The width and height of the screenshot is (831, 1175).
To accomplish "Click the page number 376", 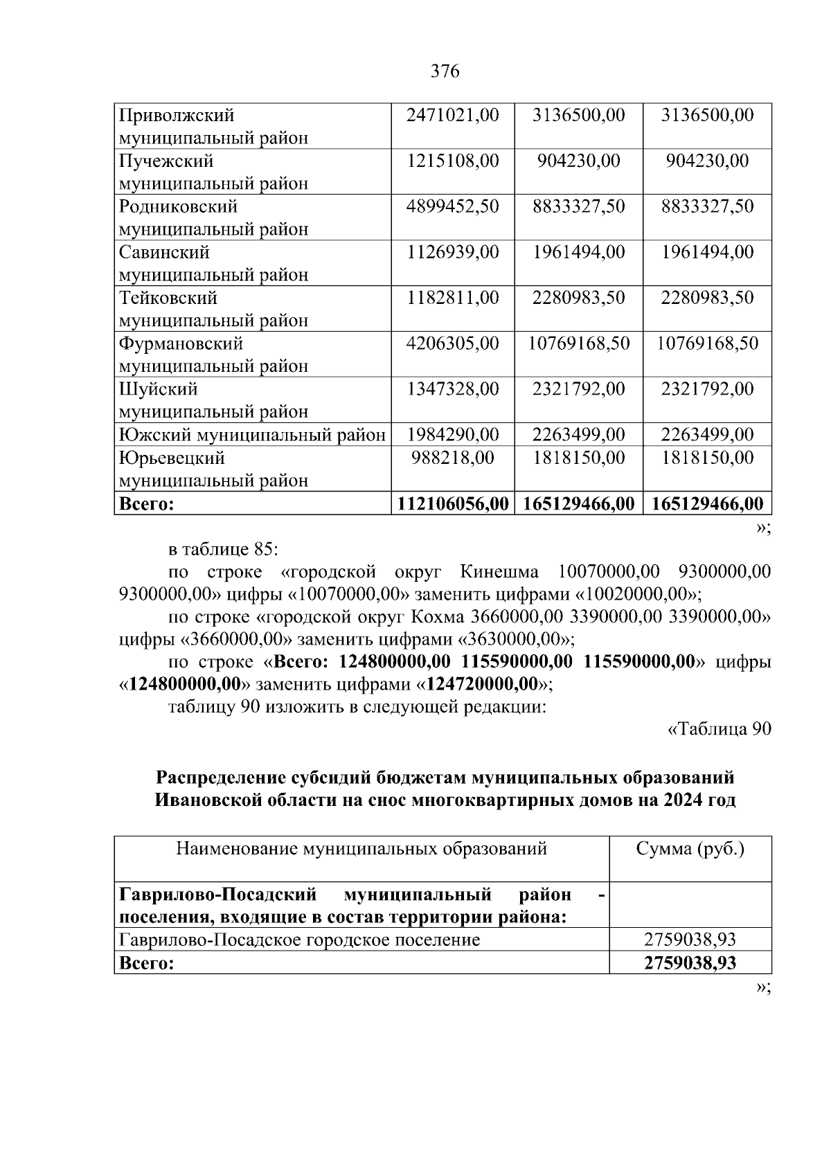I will (445, 71).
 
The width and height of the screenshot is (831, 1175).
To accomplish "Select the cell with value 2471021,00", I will (453, 115).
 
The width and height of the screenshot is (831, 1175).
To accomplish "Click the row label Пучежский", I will (166, 161).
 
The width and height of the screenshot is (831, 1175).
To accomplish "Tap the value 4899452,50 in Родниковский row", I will (453, 206).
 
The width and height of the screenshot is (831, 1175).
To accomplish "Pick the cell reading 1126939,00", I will (453, 252).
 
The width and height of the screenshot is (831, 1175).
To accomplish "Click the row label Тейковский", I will (168, 298).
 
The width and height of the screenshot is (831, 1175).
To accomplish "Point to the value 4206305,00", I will (453, 343).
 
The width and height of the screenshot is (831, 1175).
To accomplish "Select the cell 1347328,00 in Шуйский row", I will (453, 389).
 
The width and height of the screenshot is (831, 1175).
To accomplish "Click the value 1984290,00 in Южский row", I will (453, 435).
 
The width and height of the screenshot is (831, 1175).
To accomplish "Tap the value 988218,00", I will (453, 458).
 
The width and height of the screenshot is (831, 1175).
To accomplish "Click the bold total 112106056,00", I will (453, 504).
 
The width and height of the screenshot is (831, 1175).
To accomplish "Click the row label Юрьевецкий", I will (172, 458).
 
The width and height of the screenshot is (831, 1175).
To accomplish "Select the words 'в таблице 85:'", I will (223, 550).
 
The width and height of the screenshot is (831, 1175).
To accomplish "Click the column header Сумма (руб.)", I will (690, 849).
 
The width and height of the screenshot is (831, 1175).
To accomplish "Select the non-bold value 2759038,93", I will (690, 940).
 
